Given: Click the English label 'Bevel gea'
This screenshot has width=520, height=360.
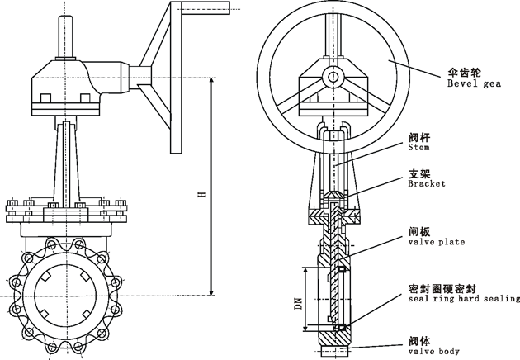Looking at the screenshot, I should tap(474, 83).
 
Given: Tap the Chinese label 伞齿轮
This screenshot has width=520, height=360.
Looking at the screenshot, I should tap(462, 73).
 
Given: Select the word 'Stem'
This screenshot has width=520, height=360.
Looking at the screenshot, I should tap(419, 149).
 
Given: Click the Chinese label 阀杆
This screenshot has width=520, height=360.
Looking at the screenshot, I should tap(419, 138).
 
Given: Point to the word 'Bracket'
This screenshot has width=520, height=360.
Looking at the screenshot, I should tap(427, 184).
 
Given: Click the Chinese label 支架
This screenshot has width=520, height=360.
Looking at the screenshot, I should tap(419, 173).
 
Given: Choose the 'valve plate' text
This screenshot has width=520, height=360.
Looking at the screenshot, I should tap(436, 242).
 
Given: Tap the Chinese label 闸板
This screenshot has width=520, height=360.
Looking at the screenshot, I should tap(419, 231).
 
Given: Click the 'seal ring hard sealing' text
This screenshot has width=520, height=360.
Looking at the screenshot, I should tap(464, 298).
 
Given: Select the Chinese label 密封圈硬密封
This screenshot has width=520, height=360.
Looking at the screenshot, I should tap(441, 288).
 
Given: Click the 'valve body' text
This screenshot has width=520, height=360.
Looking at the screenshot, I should tap(433, 351).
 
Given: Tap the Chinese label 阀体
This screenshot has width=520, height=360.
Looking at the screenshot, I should tap(419, 340).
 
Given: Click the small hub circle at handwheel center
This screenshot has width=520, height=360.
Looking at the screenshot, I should tap(332, 78).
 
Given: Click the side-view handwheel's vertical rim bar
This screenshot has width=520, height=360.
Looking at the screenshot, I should tap(176, 78).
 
